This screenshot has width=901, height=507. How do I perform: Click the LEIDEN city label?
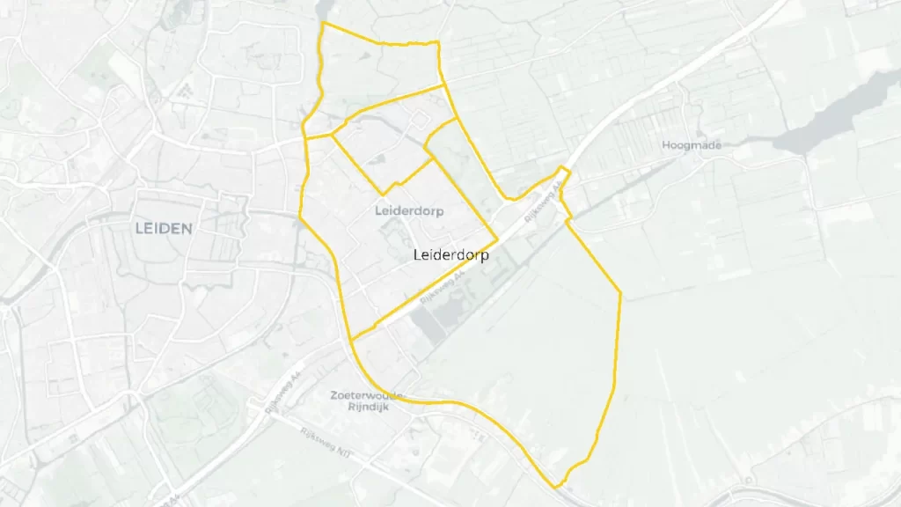point(164,228)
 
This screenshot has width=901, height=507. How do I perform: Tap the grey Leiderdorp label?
point(408,211)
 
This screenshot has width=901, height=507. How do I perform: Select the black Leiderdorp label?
point(450,254)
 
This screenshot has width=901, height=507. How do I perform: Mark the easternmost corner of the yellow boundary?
point(621,292)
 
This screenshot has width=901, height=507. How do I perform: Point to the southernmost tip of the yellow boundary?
point(556,487)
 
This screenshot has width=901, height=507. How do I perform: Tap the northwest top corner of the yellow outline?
point(324,23)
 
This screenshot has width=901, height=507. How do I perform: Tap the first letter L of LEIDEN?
point(139,228)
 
